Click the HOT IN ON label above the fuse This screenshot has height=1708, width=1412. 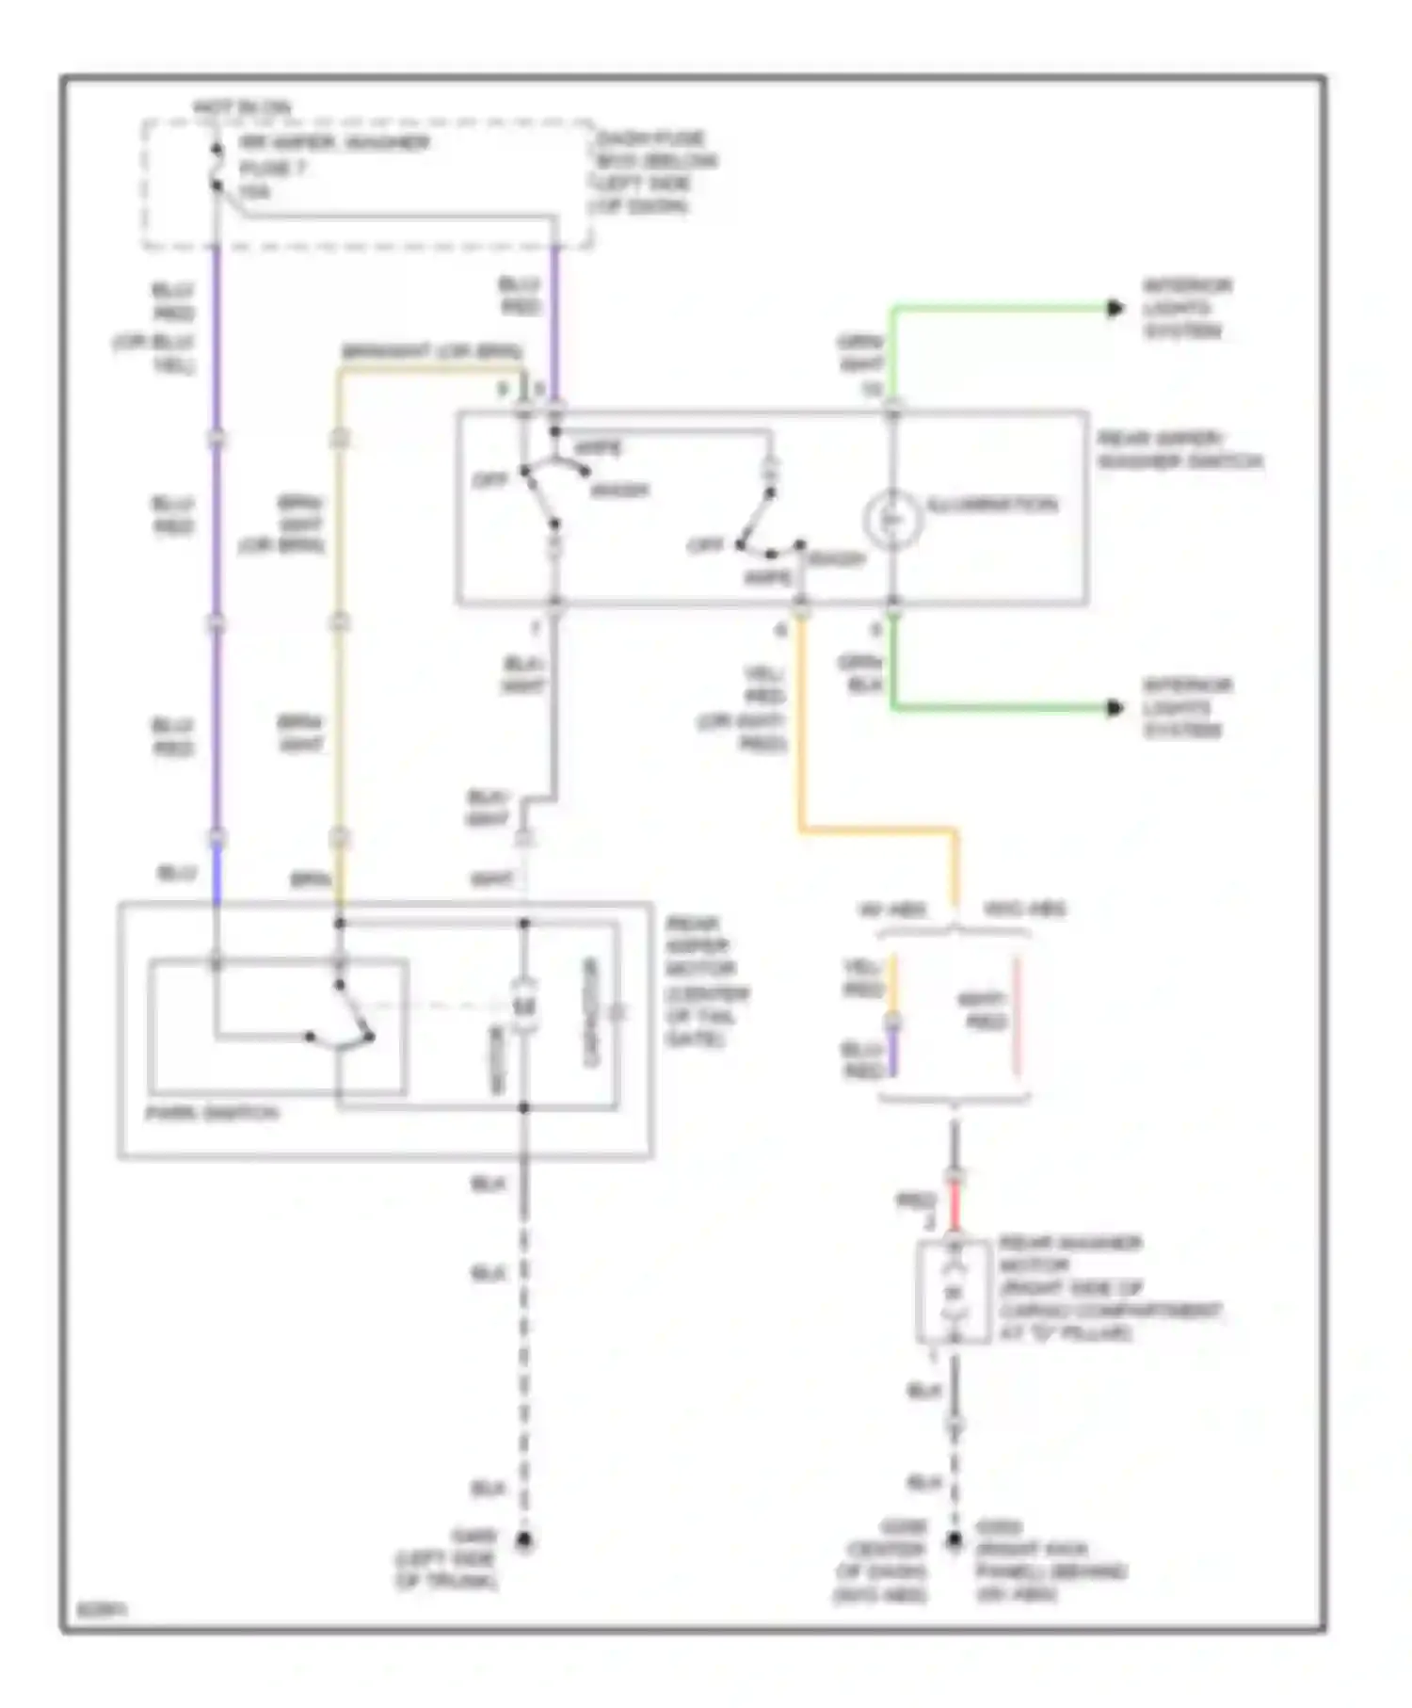click(241, 108)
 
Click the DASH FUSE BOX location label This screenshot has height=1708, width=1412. click(654, 172)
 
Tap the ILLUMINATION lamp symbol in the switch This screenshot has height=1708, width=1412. click(891, 519)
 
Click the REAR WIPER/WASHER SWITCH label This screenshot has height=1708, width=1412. click(1179, 451)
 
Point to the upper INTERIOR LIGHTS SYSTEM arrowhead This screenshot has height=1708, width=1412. click(1115, 308)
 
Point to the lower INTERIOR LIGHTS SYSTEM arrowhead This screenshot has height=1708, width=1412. click(1115, 708)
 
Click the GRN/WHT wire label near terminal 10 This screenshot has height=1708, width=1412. click(859, 353)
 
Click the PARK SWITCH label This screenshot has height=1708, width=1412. click(212, 1113)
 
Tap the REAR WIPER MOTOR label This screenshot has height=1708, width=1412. click(706, 981)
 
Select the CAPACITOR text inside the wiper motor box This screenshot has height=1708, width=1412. click(590, 1012)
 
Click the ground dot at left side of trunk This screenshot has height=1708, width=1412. click(524, 1541)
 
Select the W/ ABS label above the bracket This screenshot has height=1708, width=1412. click(891, 910)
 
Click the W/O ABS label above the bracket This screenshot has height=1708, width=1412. click(1024, 910)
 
